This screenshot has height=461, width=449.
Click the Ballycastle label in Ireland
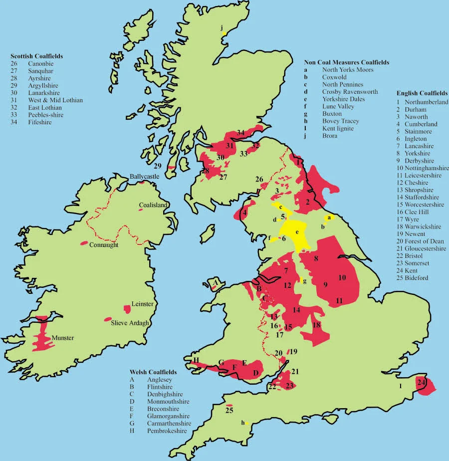pos(143,177)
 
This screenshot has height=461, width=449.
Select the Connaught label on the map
pos(104,245)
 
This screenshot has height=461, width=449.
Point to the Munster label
pos(63,338)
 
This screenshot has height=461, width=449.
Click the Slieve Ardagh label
pos(129,323)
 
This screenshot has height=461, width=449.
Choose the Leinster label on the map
pos(142,304)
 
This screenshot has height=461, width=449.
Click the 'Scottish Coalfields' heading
pos(40,56)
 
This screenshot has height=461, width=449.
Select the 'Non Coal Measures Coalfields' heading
pos(346,62)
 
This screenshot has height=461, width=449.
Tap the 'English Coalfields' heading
pos(422,93)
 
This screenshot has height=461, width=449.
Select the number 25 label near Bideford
pos(229,411)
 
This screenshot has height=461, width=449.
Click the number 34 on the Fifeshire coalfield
pos(241,133)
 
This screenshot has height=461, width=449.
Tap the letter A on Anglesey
pos(215,283)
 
